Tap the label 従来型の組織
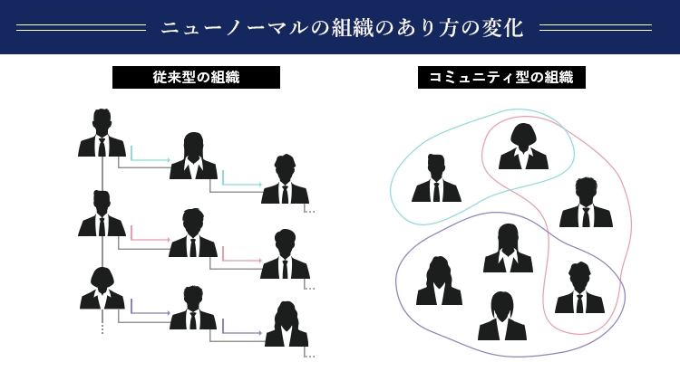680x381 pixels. point(196,78)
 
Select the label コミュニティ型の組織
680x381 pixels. point(501,78)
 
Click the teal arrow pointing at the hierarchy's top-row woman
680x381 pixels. point(151,159)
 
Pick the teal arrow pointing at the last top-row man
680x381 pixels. point(242,184)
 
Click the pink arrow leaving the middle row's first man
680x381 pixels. point(151,240)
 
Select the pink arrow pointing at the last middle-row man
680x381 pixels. point(242,261)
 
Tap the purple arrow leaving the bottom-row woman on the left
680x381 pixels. point(151,313)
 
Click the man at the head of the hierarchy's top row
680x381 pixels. point(102,134)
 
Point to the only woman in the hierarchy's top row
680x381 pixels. point(193,157)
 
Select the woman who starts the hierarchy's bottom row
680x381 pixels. point(102,289)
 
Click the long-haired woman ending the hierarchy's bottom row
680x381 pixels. point(287,325)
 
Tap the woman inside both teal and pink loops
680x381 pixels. point(523,148)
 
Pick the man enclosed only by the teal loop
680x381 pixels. point(436,178)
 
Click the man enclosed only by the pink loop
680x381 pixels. point(586,203)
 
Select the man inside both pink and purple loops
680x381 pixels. point(579,289)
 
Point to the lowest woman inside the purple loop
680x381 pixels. point(502,317)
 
